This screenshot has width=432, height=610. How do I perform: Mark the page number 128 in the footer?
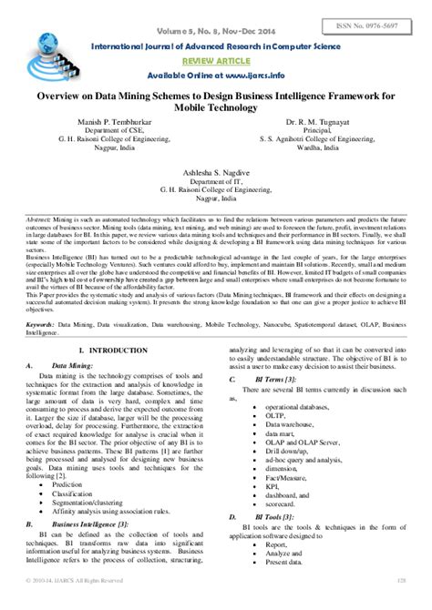[400, 604]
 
